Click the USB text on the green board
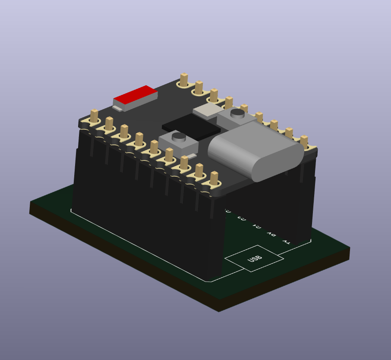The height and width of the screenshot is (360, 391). click(255, 259)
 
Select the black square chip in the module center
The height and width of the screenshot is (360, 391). click(191, 126)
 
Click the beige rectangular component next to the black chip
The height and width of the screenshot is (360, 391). click(208, 111)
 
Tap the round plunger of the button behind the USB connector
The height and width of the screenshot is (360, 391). click(237, 113)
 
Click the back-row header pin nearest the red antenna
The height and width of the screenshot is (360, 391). click(184, 80)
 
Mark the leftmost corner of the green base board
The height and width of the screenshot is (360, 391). click(30, 202)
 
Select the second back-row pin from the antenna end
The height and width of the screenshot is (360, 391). click(199, 88)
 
